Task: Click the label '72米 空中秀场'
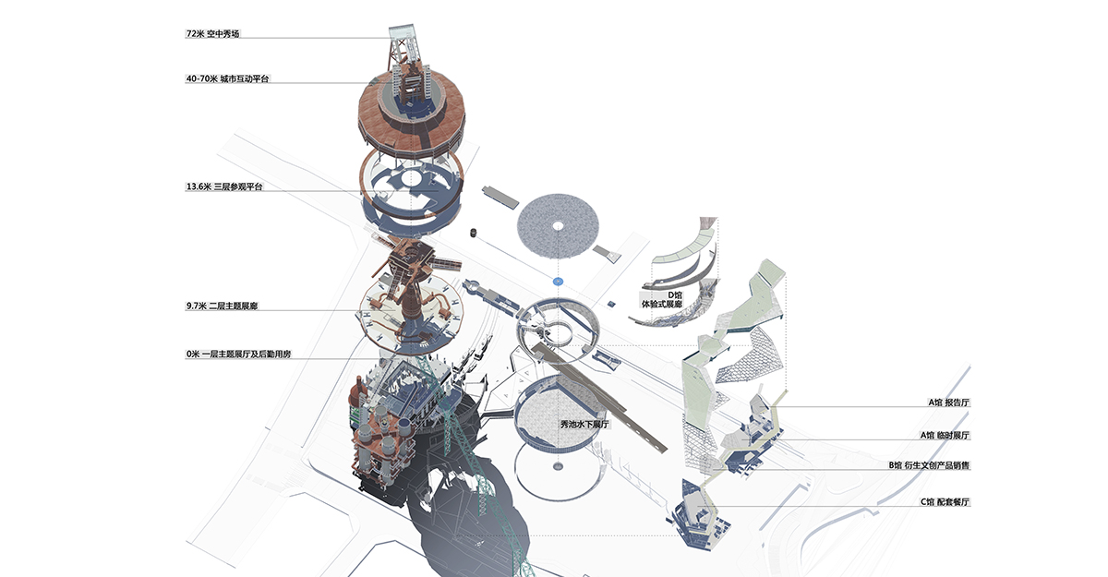click(x=214, y=34)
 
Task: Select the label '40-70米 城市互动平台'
click(x=227, y=79)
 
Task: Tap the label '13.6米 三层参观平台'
click(x=224, y=187)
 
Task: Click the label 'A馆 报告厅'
click(x=949, y=403)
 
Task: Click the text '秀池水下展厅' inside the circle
click(x=585, y=424)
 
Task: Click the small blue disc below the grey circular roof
click(x=558, y=279)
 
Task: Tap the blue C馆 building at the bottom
click(x=697, y=512)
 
